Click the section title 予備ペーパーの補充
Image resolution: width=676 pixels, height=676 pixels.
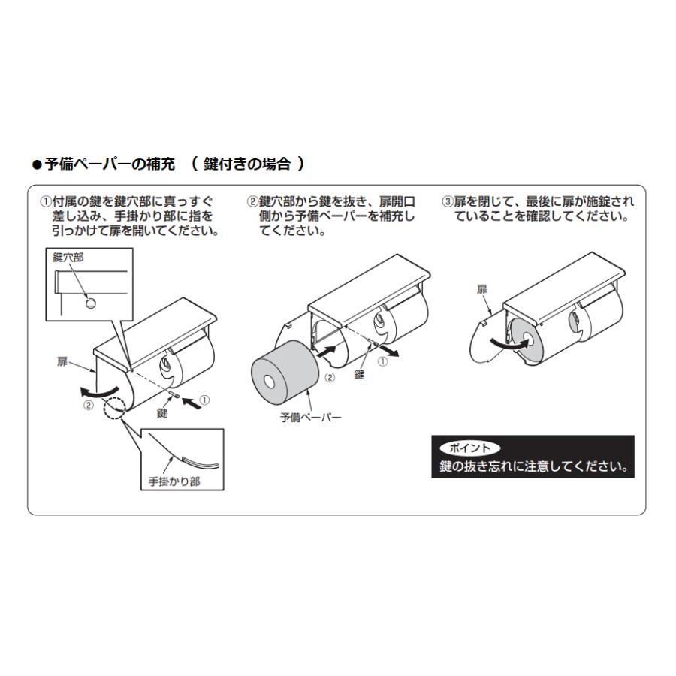(x=110, y=164)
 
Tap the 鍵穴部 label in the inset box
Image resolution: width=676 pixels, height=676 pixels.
(x=68, y=258)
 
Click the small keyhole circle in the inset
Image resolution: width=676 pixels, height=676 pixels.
(x=91, y=303)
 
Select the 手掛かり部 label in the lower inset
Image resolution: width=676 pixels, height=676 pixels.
(x=174, y=481)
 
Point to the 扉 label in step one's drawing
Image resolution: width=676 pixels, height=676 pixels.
(x=62, y=361)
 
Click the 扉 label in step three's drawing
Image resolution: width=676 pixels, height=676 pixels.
(x=481, y=289)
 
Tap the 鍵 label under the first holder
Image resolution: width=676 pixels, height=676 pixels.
(x=161, y=413)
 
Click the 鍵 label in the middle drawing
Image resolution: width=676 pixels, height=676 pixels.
(x=359, y=374)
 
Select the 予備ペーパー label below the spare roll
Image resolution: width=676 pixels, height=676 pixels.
(x=310, y=418)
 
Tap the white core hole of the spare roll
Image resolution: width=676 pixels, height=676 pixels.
(x=270, y=382)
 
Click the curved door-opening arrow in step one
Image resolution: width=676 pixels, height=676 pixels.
(x=98, y=392)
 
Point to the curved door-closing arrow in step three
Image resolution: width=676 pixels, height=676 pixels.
(x=509, y=343)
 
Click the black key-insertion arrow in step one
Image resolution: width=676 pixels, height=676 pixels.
(x=192, y=404)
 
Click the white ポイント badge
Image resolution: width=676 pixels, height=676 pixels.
(x=469, y=448)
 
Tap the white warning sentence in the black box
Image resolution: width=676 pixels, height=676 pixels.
(x=533, y=466)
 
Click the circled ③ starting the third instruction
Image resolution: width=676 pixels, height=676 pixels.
(x=448, y=202)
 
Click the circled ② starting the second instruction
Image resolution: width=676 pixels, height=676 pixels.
(x=252, y=202)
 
